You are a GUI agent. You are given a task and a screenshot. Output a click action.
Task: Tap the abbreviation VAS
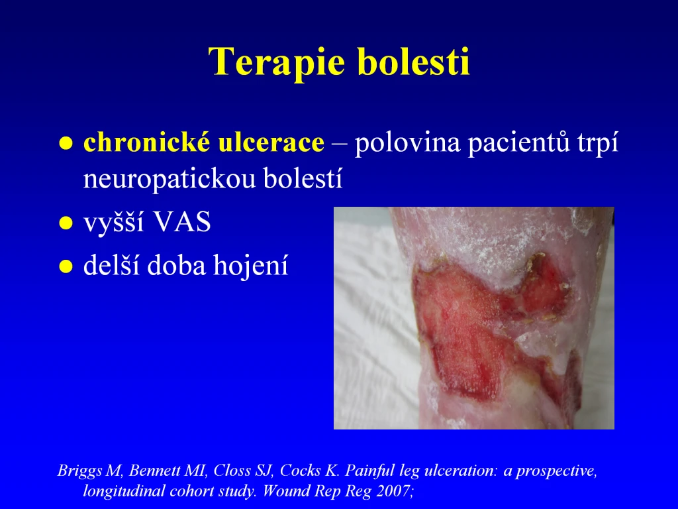point(182,222)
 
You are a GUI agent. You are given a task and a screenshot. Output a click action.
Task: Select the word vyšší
point(114,222)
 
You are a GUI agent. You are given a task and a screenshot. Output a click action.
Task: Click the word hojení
point(251,265)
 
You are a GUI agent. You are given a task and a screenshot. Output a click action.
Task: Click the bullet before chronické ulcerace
point(66,143)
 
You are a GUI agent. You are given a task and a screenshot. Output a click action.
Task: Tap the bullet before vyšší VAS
point(66,223)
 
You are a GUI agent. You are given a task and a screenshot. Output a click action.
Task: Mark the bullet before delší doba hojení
point(66,266)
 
